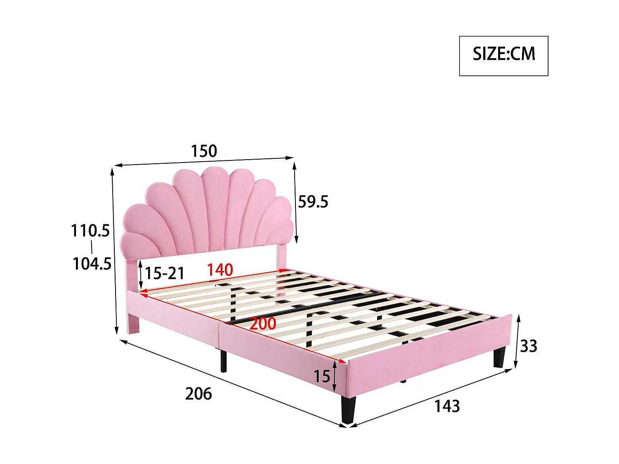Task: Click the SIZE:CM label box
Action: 503,56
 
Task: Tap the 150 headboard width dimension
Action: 204,151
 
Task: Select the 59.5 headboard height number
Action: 313,202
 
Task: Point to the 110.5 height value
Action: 90,231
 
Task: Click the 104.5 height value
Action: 92,264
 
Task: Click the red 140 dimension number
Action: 220,270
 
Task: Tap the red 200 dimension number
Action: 263,323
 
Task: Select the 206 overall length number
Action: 198,394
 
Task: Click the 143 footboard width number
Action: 447,406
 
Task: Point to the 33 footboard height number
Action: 529,346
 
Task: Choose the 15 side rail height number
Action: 322,376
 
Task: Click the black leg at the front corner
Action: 348,410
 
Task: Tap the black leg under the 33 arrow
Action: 499,357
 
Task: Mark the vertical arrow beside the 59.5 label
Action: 295,202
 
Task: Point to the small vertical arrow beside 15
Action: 334,376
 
